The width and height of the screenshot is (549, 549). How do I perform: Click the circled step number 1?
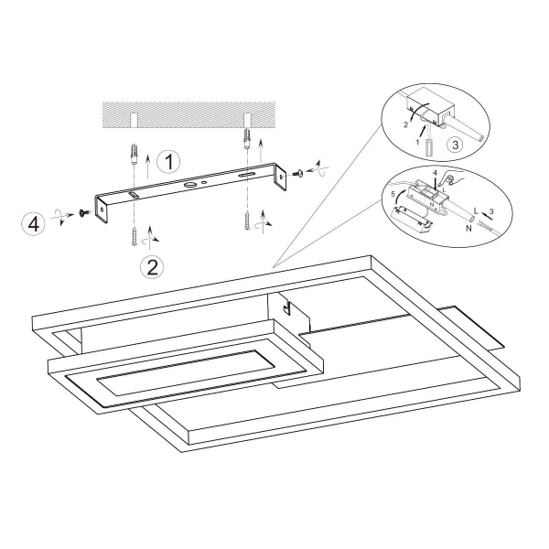pos(168,162)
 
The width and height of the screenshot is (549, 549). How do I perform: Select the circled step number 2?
pos(152,267)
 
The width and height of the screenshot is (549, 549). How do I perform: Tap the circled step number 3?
pos(455,145)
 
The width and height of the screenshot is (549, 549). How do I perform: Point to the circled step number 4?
pos(33,224)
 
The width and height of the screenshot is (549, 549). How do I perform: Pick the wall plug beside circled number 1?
pos(134,155)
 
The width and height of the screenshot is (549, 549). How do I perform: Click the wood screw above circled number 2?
pos(135,236)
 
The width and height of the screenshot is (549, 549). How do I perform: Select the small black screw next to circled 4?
pos(83,213)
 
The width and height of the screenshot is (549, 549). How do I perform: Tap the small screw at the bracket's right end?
pos(298,173)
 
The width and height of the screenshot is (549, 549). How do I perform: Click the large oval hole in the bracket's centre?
pos(191,185)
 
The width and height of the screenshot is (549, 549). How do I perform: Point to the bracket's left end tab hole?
pos(102,210)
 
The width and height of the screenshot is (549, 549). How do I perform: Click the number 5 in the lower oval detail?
pos(393,194)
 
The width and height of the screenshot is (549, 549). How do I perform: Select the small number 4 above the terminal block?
pos(435,174)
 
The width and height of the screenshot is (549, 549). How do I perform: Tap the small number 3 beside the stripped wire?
pos(491,211)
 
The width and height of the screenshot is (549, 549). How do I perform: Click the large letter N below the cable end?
pos(469,228)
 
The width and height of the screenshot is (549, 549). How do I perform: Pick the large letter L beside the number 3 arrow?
pos(476,211)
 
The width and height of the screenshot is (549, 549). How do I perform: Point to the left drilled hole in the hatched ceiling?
pos(134,120)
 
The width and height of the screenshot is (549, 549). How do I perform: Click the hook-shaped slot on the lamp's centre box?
pos(286,308)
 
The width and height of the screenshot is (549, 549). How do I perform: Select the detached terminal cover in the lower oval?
pos(412,220)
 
